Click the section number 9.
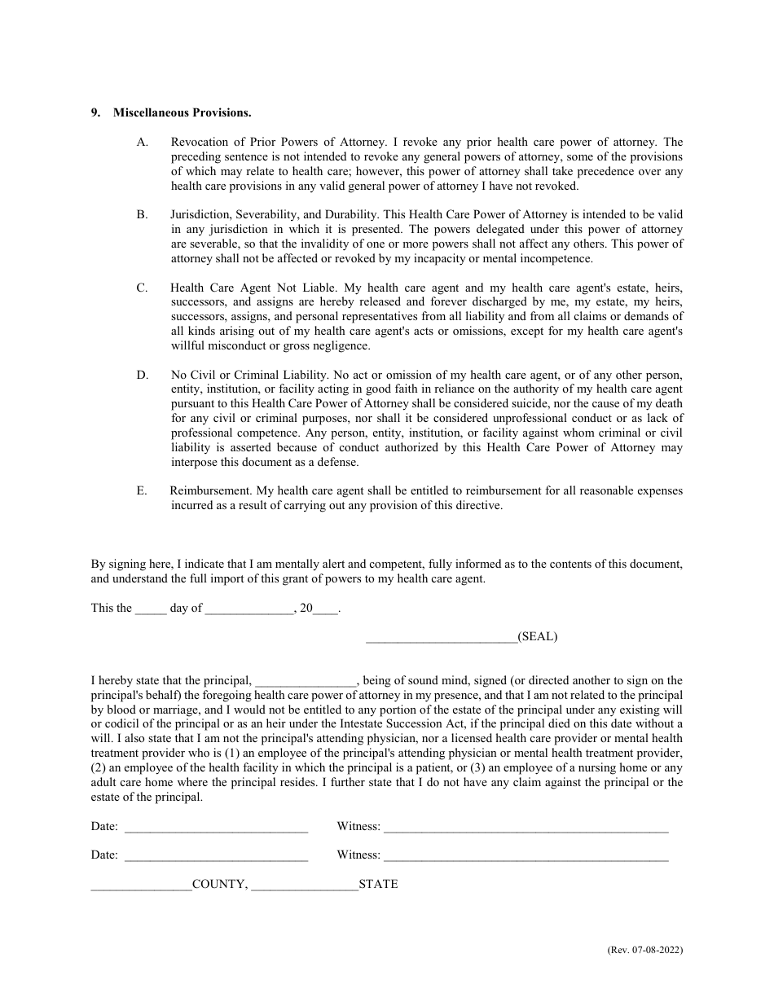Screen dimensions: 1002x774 coord(95,112)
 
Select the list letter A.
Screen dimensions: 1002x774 coord(143,142)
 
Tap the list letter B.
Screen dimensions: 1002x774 coord(143,215)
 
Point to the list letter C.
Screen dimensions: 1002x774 coord(143,288)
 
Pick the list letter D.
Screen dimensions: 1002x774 coord(143,375)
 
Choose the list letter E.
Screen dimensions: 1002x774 coord(143,490)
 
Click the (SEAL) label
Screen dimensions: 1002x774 coord(538,636)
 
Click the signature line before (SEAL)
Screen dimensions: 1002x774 coord(441,639)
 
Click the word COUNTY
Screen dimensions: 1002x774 coord(220,884)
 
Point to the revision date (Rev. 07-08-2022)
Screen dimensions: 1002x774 coord(644,950)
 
